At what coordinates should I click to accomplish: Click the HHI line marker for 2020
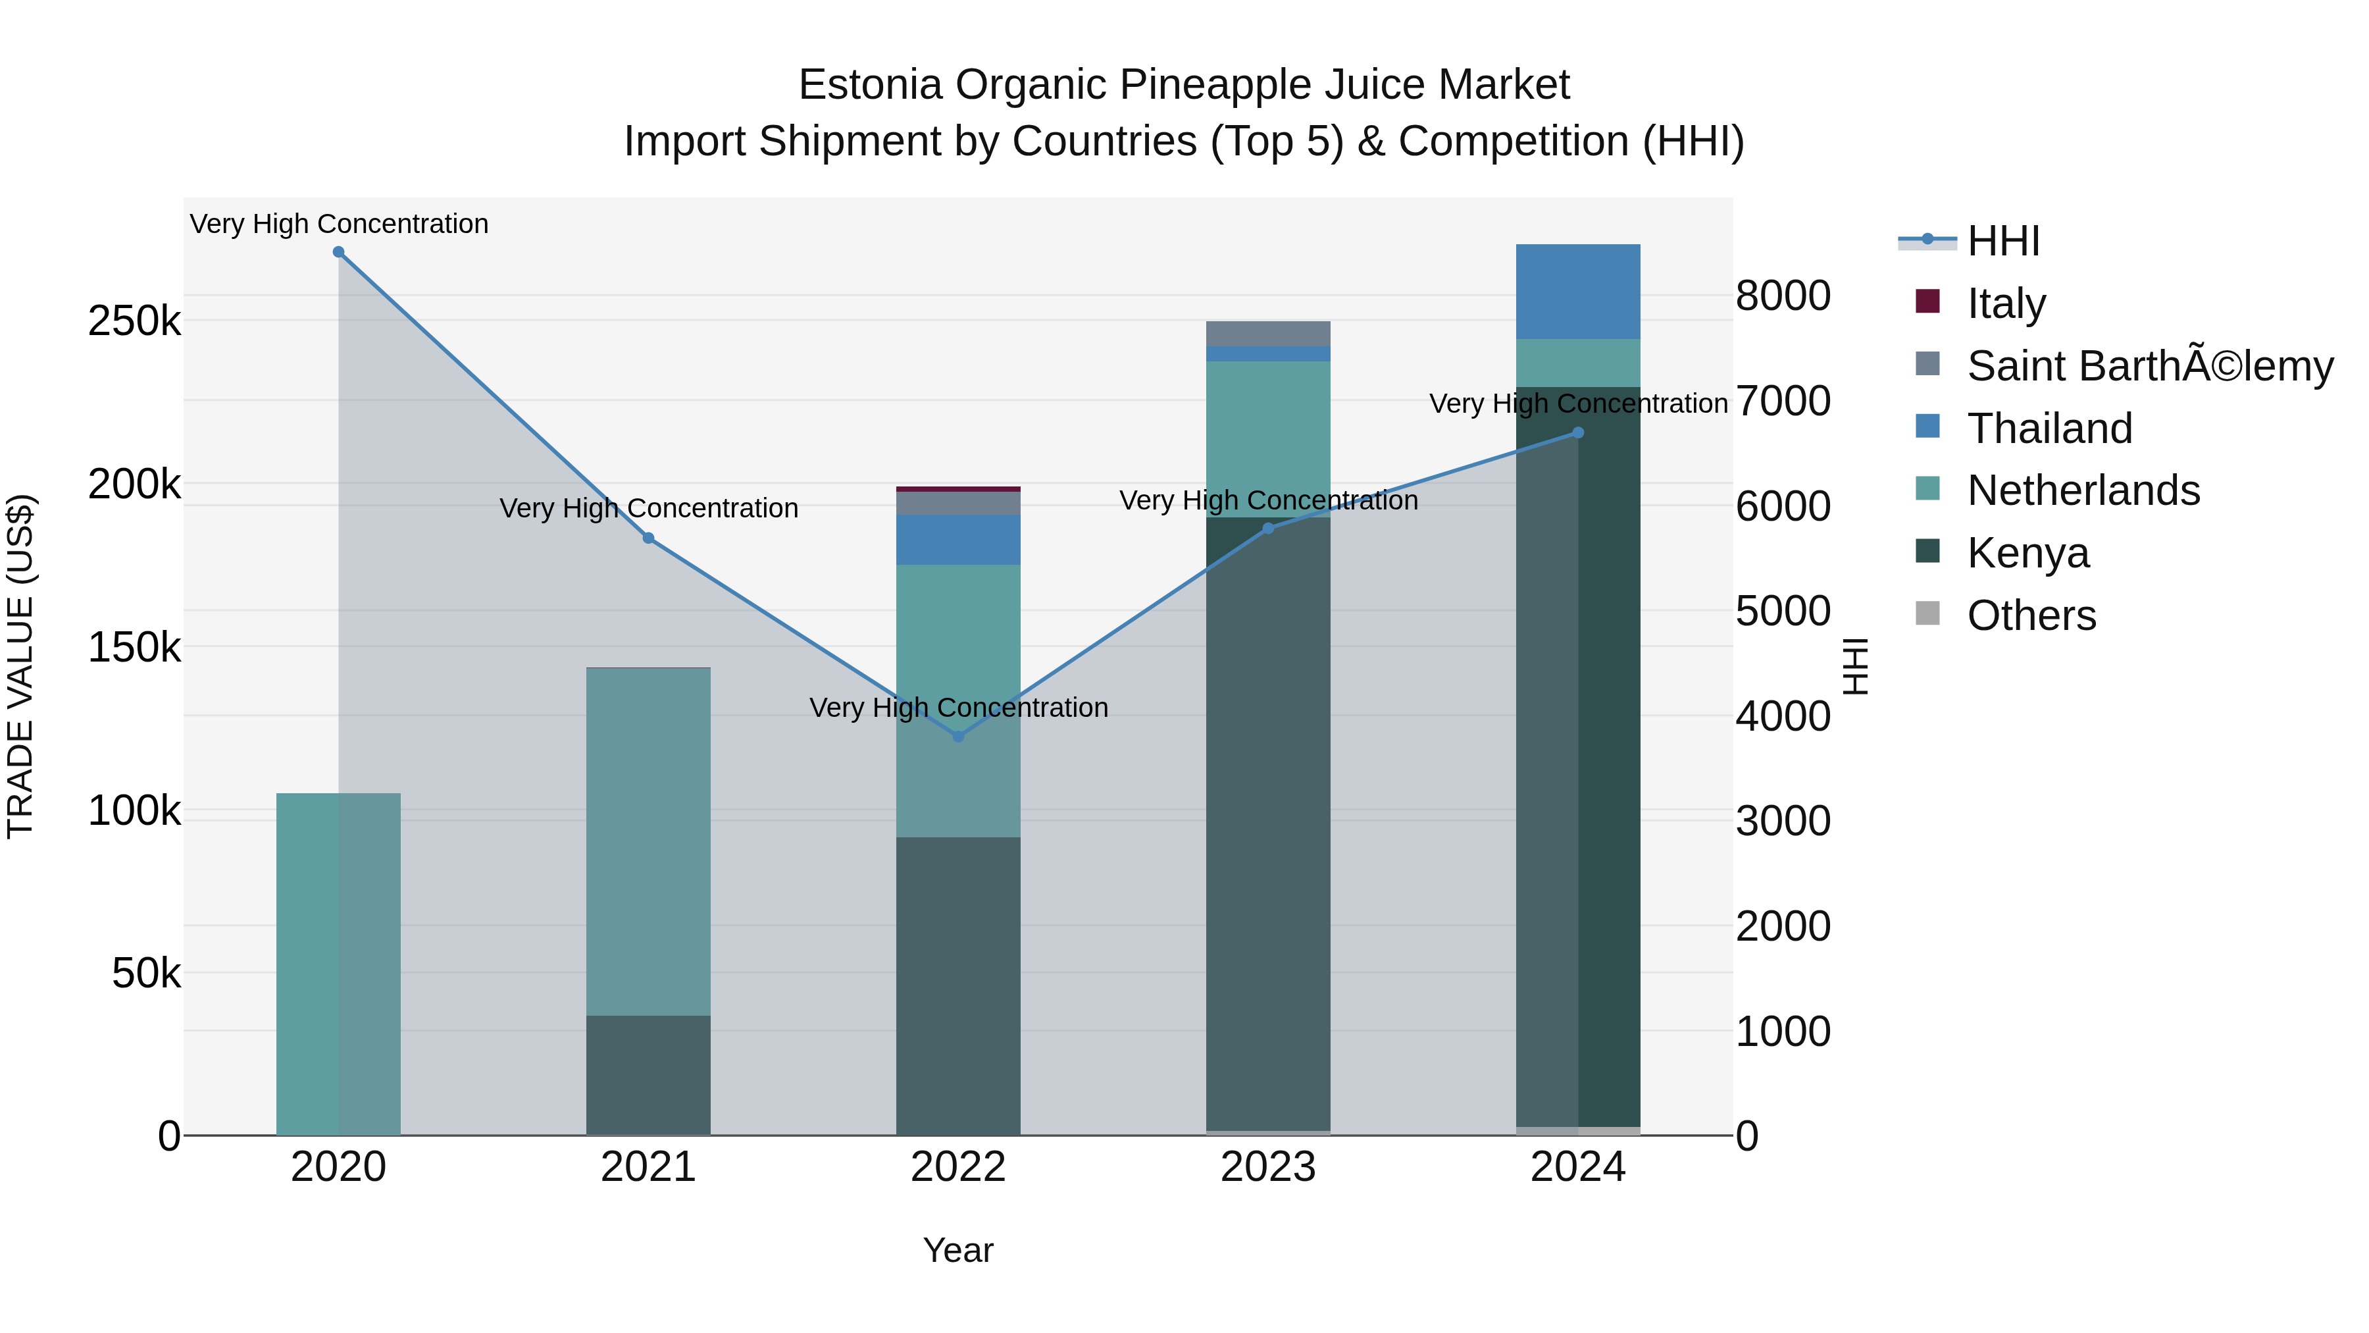point(338,252)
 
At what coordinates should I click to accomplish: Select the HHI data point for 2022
point(958,736)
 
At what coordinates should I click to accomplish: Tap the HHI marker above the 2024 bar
point(1578,432)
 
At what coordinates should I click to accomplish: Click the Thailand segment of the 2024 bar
point(1578,292)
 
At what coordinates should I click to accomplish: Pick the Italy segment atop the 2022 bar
point(958,489)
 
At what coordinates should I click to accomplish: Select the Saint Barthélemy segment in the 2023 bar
point(1268,333)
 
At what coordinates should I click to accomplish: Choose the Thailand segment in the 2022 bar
point(958,540)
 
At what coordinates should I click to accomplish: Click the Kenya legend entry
point(2028,553)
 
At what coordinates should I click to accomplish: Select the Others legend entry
point(2031,615)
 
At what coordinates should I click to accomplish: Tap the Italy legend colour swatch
point(1927,301)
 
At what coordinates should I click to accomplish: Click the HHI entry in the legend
point(2003,241)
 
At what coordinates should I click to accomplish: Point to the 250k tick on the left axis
point(134,322)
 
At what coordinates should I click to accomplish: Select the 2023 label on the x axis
point(1268,1167)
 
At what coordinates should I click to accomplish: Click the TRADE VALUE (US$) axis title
point(20,666)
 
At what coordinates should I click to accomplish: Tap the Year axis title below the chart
point(958,1250)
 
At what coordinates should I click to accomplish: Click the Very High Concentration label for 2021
point(648,509)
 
